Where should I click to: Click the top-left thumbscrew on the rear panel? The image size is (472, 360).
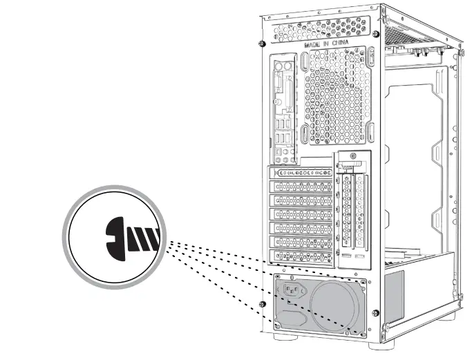pyautogui.click(x=263, y=44)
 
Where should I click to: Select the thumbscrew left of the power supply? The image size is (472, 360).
pyautogui.click(x=261, y=304)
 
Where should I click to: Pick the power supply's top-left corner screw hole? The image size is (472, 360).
pyautogui.click(x=279, y=277)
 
